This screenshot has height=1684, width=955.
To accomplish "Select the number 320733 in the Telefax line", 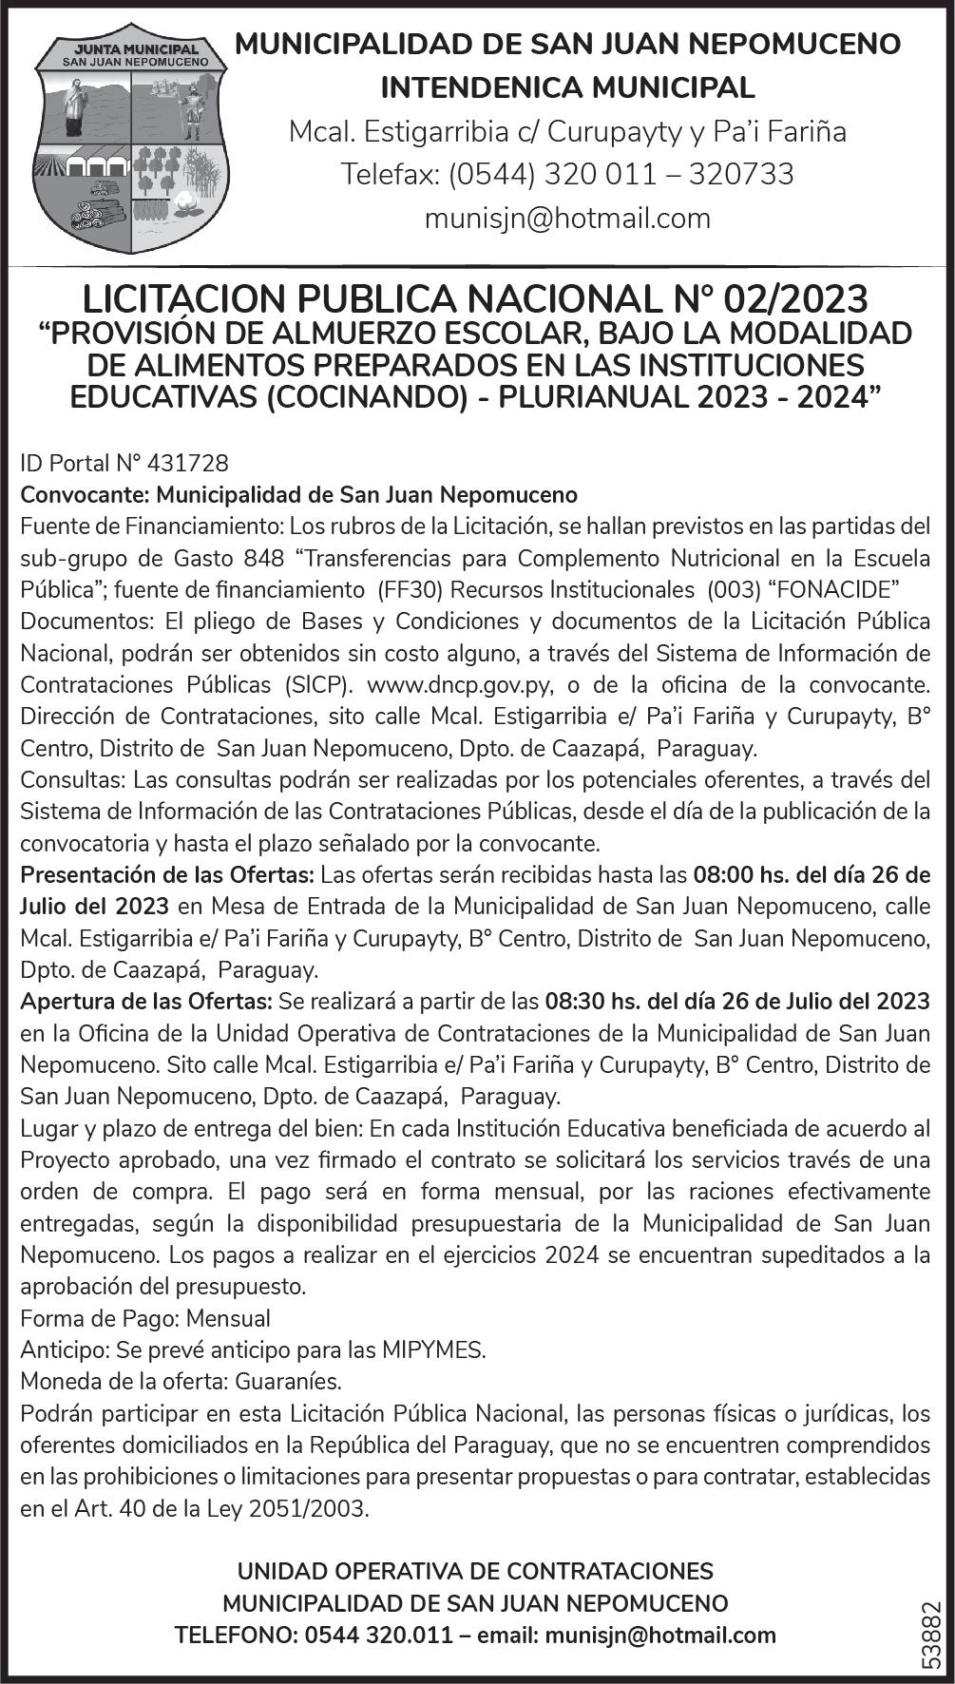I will click(x=740, y=175).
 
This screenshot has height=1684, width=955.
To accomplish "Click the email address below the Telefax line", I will click(x=567, y=219).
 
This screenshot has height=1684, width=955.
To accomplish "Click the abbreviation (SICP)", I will click(x=318, y=685).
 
